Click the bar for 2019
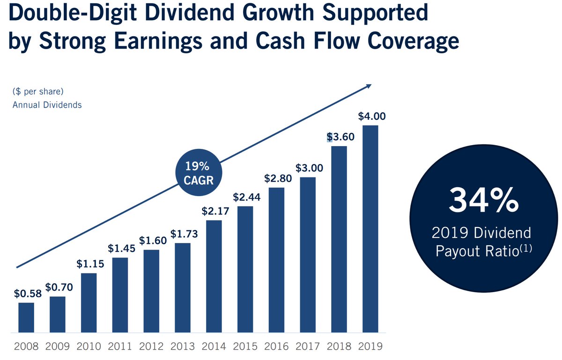click(x=370, y=229)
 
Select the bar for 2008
click(x=26, y=317)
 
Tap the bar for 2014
click(x=214, y=276)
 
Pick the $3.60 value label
click(x=340, y=137)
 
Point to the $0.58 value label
click(x=28, y=294)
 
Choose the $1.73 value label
click(x=184, y=234)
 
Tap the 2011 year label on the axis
click(x=120, y=347)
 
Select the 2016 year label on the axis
click(x=276, y=347)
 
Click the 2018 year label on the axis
click(x=339, y=347)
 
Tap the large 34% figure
click(x=483, y=200)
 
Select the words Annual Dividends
click(x=47, y=105)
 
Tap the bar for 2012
click(x=151, y=291)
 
